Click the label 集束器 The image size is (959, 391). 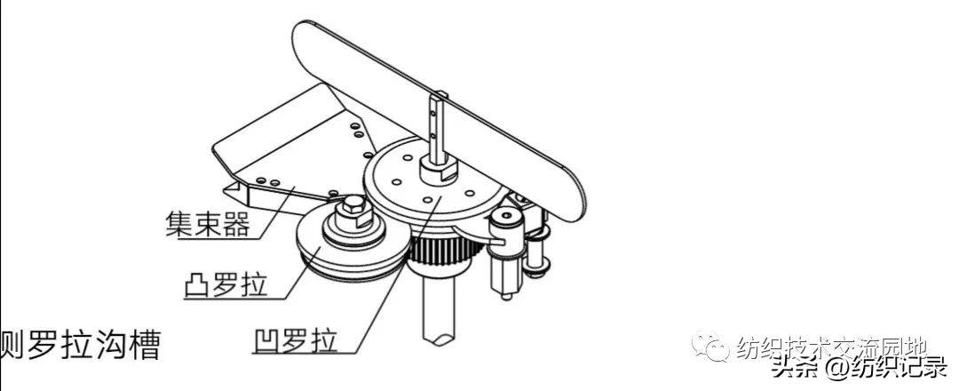point(207,221)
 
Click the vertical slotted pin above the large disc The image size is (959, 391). point(434,124)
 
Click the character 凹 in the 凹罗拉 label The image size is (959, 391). point(264,341)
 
